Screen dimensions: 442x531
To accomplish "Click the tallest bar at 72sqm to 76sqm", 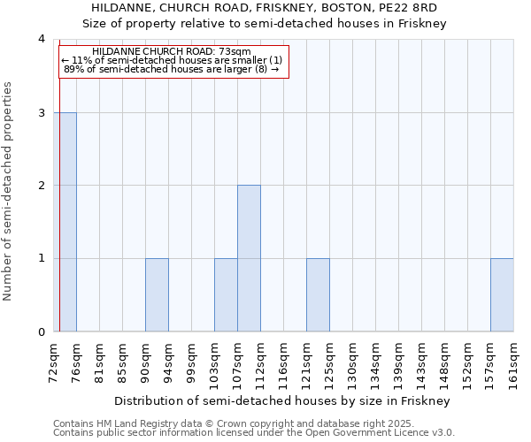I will coord(65,222).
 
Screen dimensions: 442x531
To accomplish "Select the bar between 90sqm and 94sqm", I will coord(157,294).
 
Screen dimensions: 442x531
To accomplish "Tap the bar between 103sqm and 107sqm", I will coord(226,294).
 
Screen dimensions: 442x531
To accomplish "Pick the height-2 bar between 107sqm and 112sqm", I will coord(249,258).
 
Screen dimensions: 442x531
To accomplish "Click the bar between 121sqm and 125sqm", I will coord(318,294).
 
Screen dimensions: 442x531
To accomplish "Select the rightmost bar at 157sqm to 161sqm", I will coord(502,294).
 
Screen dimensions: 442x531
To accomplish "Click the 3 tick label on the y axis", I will coord(41,112).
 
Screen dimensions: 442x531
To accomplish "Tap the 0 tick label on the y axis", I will coord(41,331).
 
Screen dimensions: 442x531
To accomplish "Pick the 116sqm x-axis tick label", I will coord(284,361).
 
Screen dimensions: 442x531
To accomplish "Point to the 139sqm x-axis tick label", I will coord(399,361).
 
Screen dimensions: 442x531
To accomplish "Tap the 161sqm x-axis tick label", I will coord(514,361).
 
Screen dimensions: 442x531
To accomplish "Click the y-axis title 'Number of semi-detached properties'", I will coord(8,191).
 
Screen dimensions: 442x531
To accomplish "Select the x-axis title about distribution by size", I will coord(283,400).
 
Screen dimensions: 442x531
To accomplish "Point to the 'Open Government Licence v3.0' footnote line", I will coord(254,433).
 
